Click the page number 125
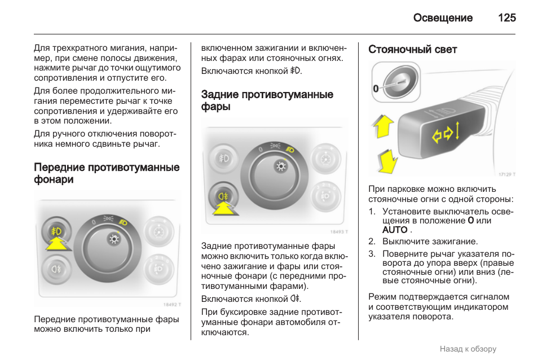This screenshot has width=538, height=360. pyautogui.click(x=507, y=18)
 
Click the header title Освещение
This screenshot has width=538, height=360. pyautogui.click(x=443, y=18)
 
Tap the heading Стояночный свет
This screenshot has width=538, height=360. pyautogui.click(x=412, y=50)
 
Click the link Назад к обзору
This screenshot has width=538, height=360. pyautogui.click(x=468, y=349)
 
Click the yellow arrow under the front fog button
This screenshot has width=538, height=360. pyautogui.click(x=57, y=244)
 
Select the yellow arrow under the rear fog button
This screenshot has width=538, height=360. pyautogui.click(x=225, y=208)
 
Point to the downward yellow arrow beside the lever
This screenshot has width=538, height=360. pyautogui.click(x=387, y=161)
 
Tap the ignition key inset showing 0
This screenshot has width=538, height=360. pyautogui.click(x=396, y=82)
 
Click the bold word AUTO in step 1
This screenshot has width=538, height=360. pyautogui.click(x=395, y=230)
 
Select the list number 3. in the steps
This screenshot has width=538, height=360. pyautogui.click(x=372, y=254)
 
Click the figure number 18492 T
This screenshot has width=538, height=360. pyautogui.click(x=172, y=304)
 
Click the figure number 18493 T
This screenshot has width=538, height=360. pyautogui.click(x=339, y=232)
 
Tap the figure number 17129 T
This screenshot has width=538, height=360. pyautogui.click(x=507, y=174)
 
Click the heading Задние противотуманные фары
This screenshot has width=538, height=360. pyautogui.click(x=267, y=100)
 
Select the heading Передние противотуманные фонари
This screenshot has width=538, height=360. pyautogui.click(x=107, y=173)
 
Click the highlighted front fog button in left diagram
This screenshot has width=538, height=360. pyautogui.click(x=56, y=231)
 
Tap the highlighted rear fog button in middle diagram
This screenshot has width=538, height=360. pyautogui.click(x=223, y=196)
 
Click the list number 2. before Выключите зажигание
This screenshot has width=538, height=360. pyautogui.click(x=372, y=242)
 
